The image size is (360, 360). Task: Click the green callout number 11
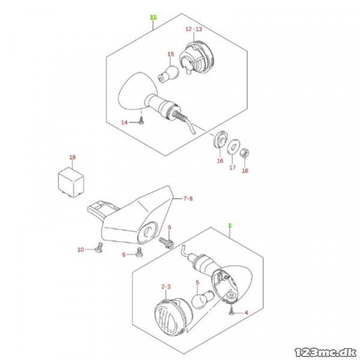154,17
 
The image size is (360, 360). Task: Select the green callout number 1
230,226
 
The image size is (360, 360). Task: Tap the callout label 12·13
194,29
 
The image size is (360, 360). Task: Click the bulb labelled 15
169,73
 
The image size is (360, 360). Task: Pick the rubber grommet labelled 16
220,139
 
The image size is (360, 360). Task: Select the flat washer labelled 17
233,146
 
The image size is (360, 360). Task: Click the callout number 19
73,157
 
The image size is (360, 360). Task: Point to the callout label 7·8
188,199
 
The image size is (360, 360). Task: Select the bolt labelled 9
166,242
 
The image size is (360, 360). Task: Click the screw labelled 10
99,247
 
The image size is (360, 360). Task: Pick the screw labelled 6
139,252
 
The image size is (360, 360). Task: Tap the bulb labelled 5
203,298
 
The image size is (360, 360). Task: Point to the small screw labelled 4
231,311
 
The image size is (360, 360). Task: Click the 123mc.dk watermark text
325,352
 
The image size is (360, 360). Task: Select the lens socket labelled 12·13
197,57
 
